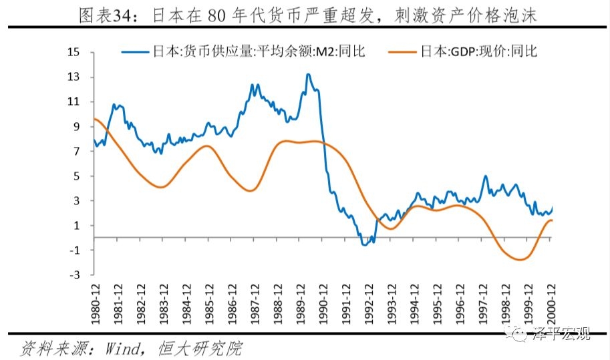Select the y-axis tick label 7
pyautogui.click(x=77, y=151)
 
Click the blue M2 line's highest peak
pyautogui.click(x=307, y=74)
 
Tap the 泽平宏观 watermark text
pyautogui.click(x=561, y=335)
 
